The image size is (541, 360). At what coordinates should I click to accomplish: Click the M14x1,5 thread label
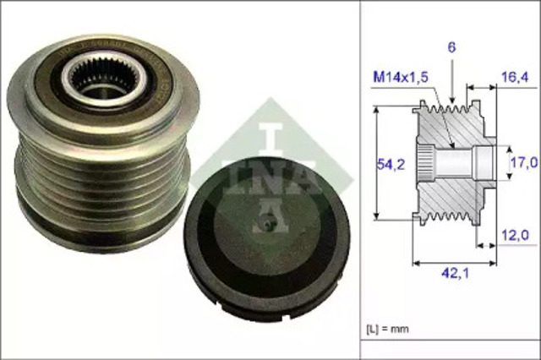pos(400,78)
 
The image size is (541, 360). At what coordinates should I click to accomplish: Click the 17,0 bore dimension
pos(522,161)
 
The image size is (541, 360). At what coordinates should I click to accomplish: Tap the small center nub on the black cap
pos(266,225)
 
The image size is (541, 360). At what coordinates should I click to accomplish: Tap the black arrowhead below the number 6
pos(453,101)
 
